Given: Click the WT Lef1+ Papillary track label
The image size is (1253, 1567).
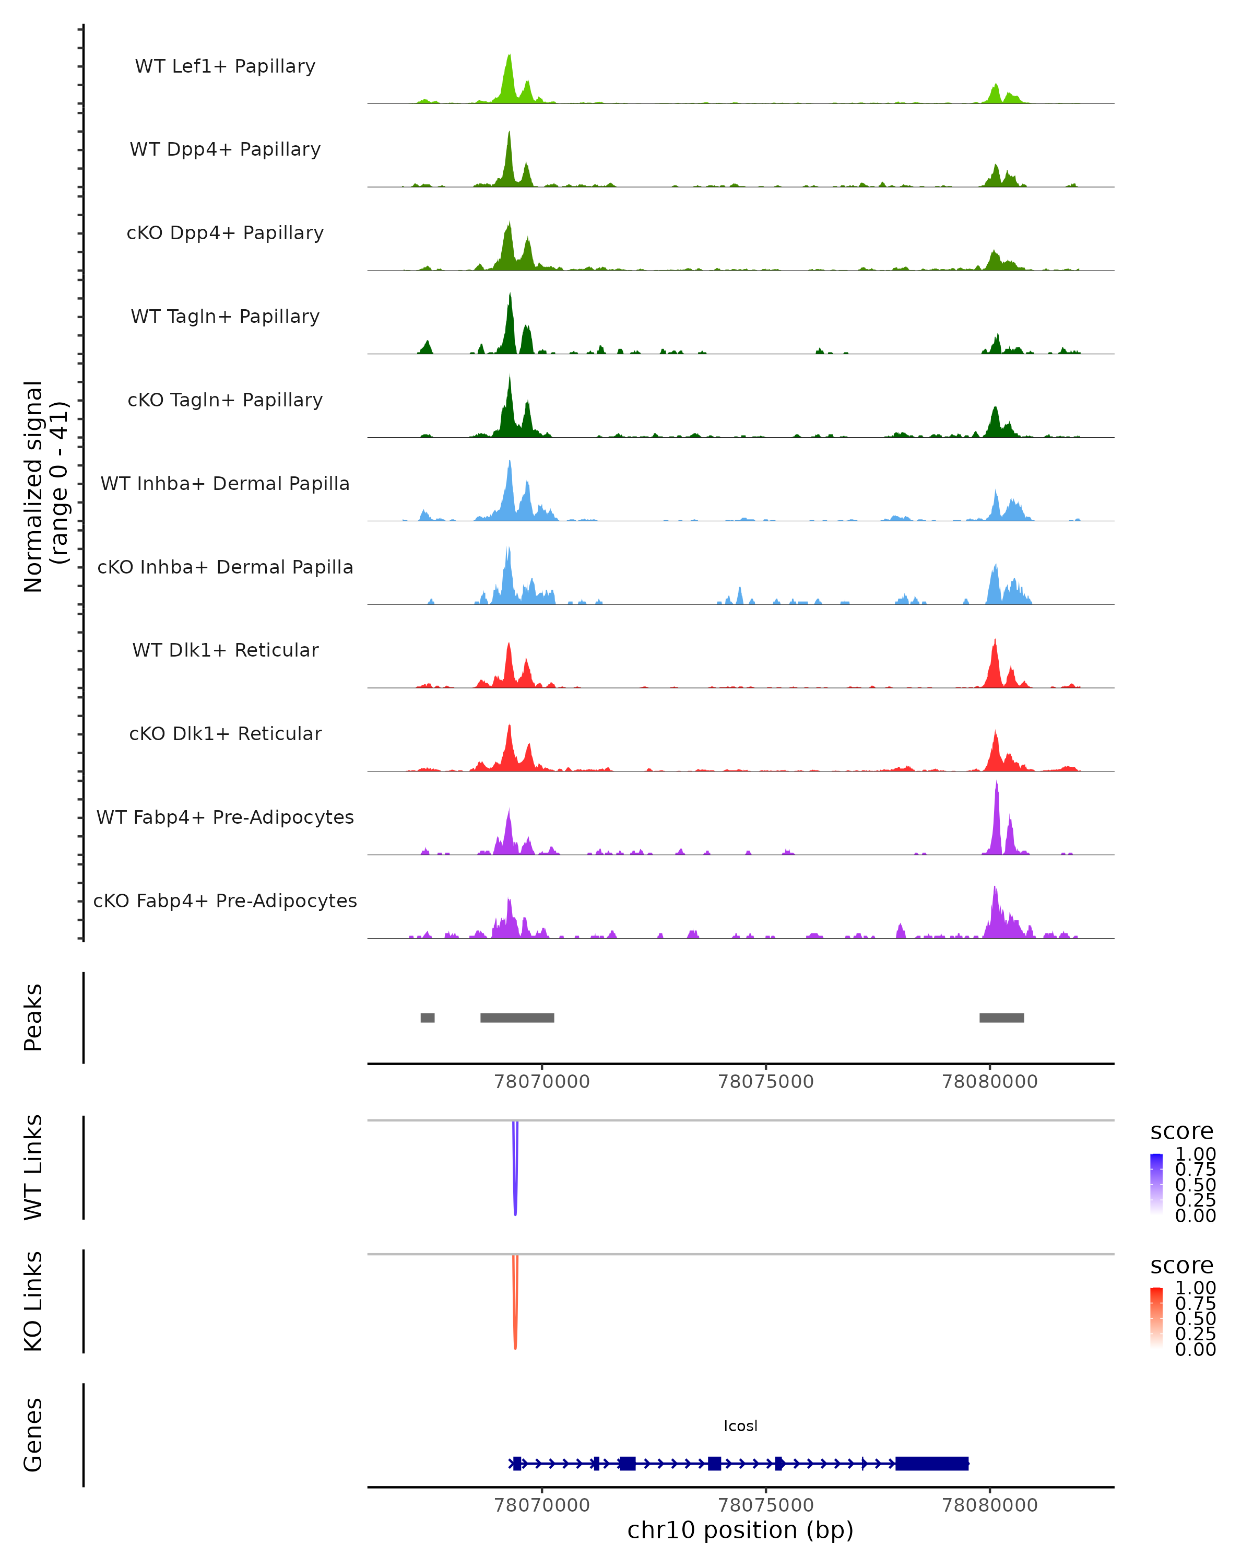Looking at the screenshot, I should [x=225, y=66].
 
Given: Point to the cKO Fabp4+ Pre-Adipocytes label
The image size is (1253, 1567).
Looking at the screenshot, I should [x=225, y=901].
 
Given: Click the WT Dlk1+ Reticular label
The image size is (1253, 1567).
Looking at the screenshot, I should [x=225, y=650].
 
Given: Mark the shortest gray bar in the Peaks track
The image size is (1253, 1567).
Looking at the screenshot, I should [x=427, y=1018].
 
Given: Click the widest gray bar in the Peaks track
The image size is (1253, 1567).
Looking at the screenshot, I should [x=517, y=1018].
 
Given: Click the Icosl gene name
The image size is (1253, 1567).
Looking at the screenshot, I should [x=740, y=1426].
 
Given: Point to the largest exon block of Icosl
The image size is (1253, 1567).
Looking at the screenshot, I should [x=932, y=1463].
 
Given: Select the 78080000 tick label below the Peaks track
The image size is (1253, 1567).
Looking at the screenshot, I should [x=989, y=1082].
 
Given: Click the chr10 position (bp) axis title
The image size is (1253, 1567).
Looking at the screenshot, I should [x=740, y=1530].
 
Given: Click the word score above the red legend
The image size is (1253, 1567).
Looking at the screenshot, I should [x=1182, y=1266].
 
